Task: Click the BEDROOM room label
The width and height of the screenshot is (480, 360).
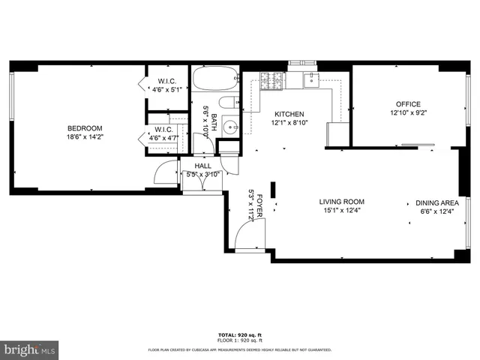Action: pyautogui.click(x=84, y=128)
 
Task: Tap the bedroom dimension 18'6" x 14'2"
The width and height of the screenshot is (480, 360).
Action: pyautogui.click(x=84, y=137)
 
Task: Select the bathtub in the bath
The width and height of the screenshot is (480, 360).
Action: pyautogui.click(x=215, y=79)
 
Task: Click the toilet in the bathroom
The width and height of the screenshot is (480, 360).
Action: pyautogui.click(x=227, y=103)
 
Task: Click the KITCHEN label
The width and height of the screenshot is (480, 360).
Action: pyautogui.click(x=289, y=114)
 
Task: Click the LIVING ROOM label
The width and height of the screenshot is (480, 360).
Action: pyautogui.click(x=341, y=202)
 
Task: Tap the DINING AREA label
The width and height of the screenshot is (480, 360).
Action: pyautogui.click(x=437, y=202)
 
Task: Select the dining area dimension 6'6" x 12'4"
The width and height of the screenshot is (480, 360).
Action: pyautogui.click(x=437, y=211)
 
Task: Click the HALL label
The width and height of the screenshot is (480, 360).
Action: pyautogui.click(x=203, y=166)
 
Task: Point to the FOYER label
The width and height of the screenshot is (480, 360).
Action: pyautogui.click(x=259, y=205)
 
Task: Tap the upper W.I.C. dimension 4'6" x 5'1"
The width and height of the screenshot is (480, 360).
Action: pyautogui.click(x=167, y=89)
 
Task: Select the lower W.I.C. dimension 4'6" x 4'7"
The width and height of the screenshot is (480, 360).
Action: pyautogui.click(x=164, y=137)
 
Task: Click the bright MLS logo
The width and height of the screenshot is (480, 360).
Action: pyautogui.click(x=28, y=350)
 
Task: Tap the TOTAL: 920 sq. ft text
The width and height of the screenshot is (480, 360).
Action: pyautogui.click(x=239, y=335)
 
